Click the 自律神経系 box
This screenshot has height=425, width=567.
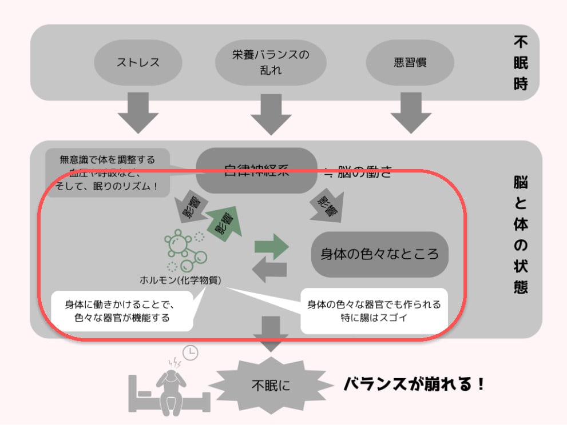[x=256, y=170]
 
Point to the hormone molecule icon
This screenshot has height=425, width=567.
[x=184, y=250]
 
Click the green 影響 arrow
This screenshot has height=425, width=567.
[x=223, y=222]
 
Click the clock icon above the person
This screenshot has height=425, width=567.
[x=190, y=352]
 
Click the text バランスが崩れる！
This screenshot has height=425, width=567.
[x=414, y=384]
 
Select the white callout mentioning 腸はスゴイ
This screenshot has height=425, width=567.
[x=374, y=311]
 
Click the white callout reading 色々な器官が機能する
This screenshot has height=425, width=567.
[x=122, y=311]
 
